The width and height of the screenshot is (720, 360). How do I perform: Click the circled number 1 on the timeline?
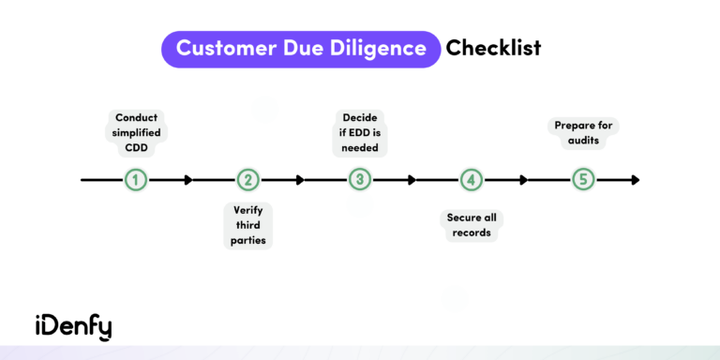pos(136,179)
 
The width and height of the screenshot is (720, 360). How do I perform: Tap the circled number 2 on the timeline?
pos(247,179)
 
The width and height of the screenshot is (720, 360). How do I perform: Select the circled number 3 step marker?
pos(360,179)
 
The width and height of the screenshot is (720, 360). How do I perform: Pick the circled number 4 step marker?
pos(472,179)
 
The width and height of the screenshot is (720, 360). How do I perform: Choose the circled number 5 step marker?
pos(583,179)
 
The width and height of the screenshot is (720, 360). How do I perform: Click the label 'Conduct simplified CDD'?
pos(136,131)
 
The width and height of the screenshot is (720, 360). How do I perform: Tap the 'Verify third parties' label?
pos(248,225)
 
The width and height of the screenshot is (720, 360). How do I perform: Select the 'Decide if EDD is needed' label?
pos(360,131)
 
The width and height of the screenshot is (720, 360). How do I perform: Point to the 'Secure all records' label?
pos(472,225)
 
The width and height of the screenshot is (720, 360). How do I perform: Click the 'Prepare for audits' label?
pos(583,132)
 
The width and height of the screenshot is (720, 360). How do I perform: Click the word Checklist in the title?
pos(493,48)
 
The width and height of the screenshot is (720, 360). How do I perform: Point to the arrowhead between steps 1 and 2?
pos(188,179)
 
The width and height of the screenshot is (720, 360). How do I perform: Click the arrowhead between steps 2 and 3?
pos(300,179)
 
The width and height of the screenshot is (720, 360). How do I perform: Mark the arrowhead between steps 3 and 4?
pos(412,179)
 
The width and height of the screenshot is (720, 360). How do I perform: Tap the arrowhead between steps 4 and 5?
pos(523,179)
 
